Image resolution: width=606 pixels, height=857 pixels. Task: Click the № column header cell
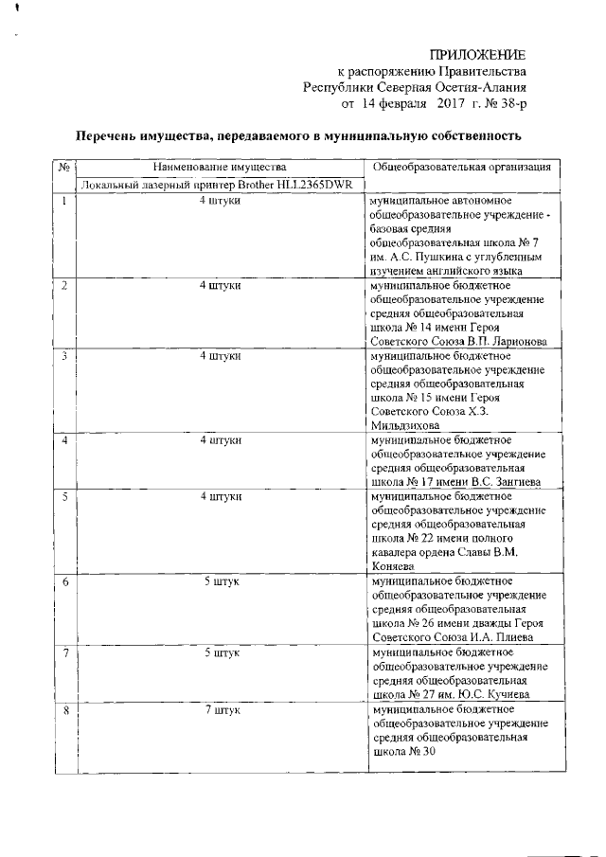pos(64,168)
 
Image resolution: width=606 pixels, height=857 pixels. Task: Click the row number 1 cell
pos(64,202)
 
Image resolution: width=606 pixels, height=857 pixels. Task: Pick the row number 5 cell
pos(64,495)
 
